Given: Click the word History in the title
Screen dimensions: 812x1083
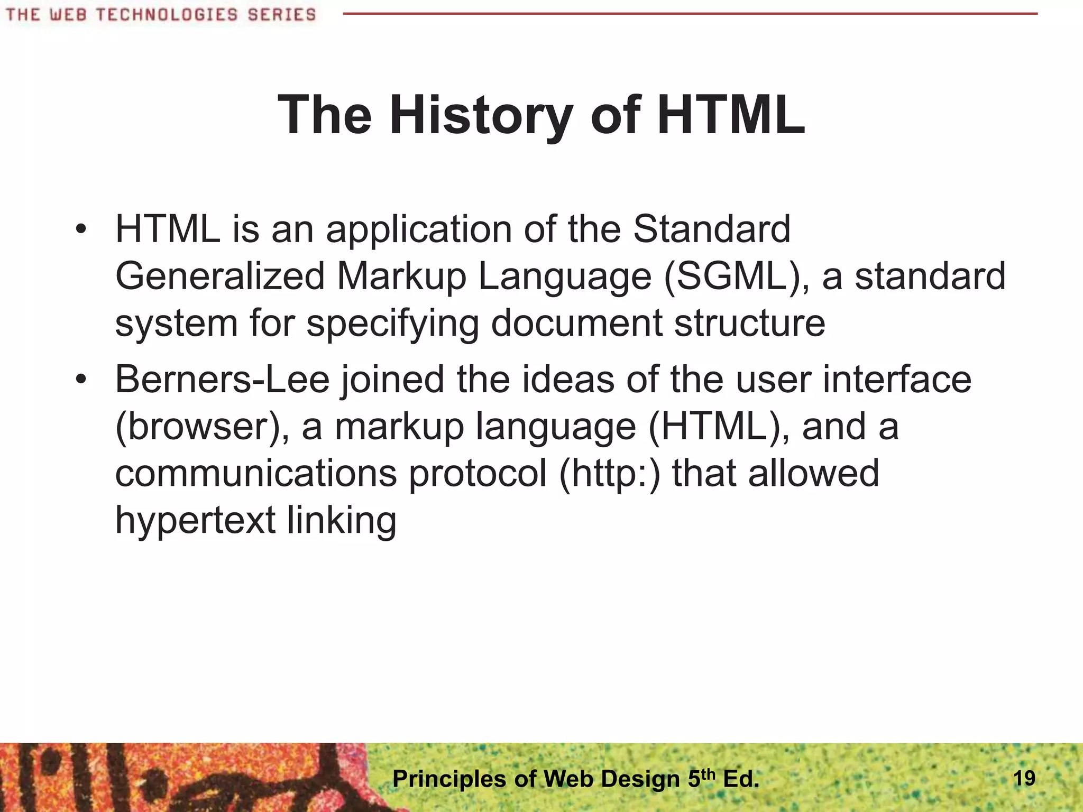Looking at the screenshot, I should [x=481, y=115].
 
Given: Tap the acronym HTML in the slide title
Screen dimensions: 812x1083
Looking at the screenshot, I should [x=732, y=115].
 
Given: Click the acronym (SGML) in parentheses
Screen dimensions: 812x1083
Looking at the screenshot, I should [x=736, y=276].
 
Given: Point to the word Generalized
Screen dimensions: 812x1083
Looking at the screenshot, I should [x=219, y=276].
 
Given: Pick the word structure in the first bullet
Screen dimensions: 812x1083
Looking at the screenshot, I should [x=749, y=322].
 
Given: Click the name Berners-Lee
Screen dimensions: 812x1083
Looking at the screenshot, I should [x=222, y=379].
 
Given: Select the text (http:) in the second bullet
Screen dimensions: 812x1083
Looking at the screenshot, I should [x=610, y=473].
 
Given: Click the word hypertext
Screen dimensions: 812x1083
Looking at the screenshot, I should [x=195, y=520].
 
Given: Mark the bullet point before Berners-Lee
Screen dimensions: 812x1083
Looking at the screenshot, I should [x=80, y=380].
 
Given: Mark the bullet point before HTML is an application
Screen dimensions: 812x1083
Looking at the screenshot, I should [x=80, y=229].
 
